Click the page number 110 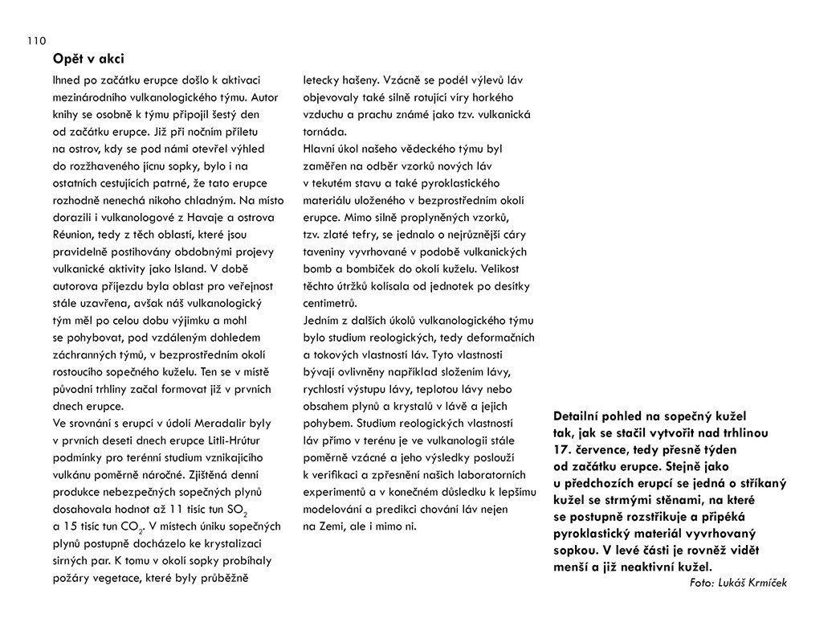(x=36, y=41)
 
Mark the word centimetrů (x=330, y=303)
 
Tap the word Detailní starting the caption (x=581, y=416)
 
